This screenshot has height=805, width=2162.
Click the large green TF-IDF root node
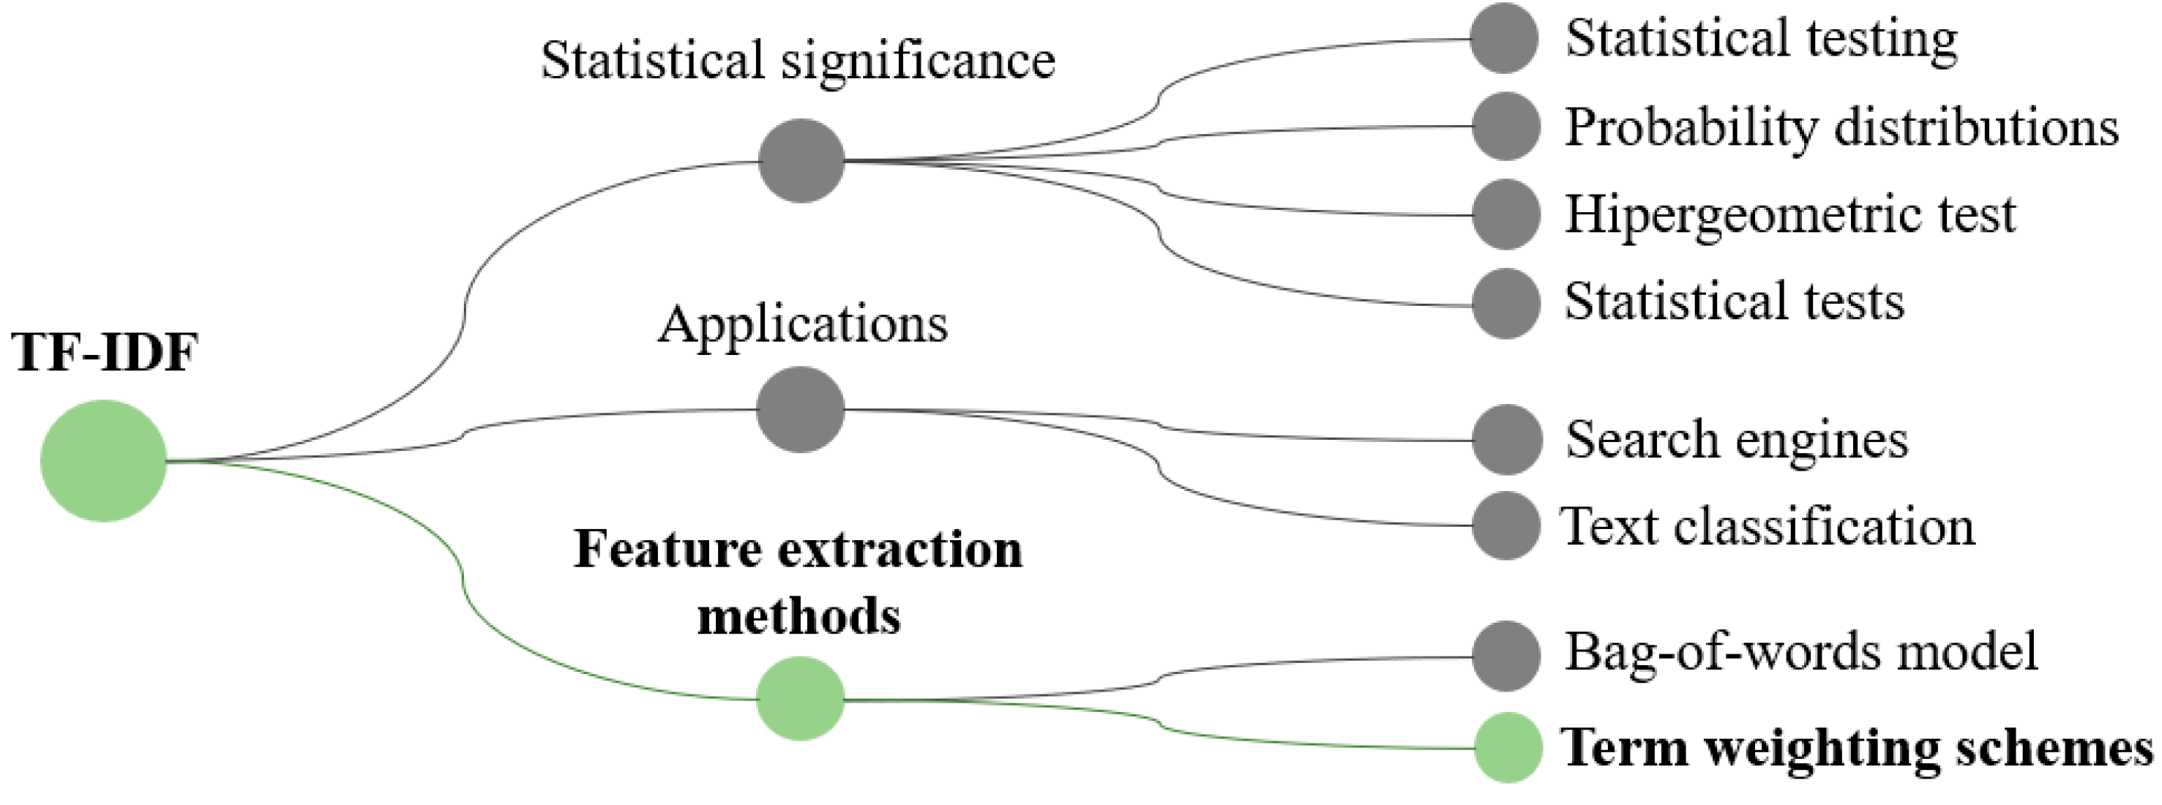click(103, 460)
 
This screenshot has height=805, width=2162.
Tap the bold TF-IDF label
click(105, 352)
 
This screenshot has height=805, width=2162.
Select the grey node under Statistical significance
click(801, 160)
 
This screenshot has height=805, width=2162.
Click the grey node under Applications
click(800, 409)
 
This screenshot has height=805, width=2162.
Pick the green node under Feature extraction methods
click(800, 698)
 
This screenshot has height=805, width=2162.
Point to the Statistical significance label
click(797, 61)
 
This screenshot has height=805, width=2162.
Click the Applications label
click(802, 325)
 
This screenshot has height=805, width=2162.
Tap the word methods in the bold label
click(798, 616)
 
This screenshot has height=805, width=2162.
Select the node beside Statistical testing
click(1504, 39)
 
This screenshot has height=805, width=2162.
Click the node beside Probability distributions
click(1505, 127)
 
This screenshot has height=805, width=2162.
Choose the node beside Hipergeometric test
click(1505, 214)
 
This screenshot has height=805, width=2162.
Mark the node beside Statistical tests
click(1505, 303)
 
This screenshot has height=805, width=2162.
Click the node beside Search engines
click(1506, 439)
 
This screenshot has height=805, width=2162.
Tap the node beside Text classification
click(1505, 525)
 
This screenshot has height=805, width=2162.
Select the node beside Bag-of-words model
click(1505, 656)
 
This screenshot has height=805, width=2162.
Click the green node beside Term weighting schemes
click(1508, 747)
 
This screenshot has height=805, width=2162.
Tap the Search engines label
click(1735, 440)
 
